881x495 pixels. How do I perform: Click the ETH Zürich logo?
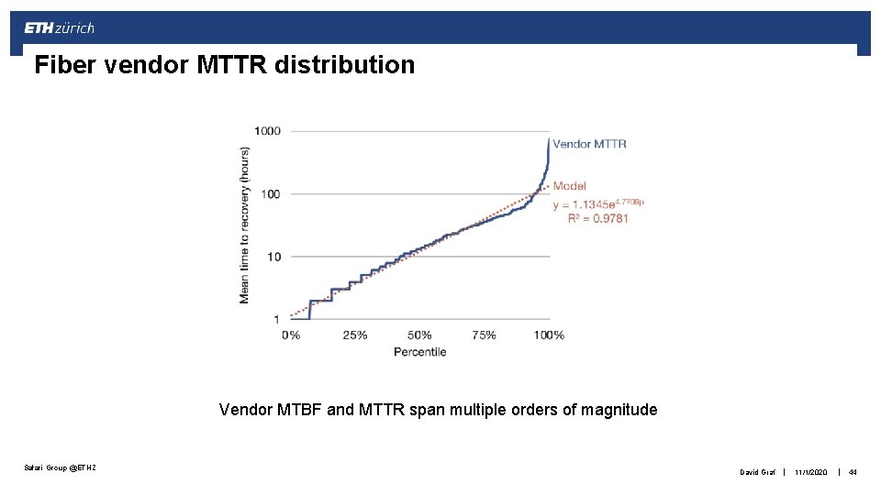(x=59, y=28)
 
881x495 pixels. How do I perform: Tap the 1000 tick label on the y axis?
(x=267, y=130)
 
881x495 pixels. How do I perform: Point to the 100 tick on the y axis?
(x=271, y=194)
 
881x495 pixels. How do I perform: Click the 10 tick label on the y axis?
(x=273, y=257)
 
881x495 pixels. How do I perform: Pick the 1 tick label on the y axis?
(x=276, y=319)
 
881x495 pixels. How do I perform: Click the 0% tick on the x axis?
(x=291, y=335)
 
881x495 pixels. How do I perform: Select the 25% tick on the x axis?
(x=354, y=335)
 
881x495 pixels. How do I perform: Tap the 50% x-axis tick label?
(x=419, y=335)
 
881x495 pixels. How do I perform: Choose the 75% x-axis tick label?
(x=484, y=335)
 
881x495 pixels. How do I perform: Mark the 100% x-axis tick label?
(x=549, y=335)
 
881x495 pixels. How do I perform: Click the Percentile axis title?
(x=419, y=352)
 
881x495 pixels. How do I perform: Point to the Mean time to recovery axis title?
(x=245, y=225)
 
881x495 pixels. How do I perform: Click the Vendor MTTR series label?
(x=589, y=144)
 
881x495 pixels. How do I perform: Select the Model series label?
(x=569, y=186)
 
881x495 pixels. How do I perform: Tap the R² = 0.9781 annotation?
(x=591, y=218)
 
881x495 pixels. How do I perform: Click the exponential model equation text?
(x=597, y=203)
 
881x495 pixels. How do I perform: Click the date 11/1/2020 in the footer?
(x=811, y=472)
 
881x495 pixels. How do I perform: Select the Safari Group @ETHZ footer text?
(x=59, y=469)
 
